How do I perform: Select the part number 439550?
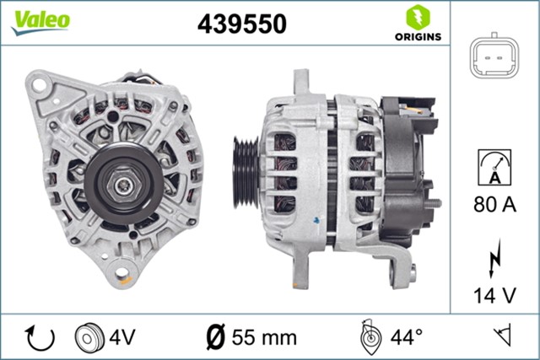click(x=242, y=24)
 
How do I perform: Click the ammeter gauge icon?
click(x=494, y=166)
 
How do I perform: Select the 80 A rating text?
click(x=494, y=203)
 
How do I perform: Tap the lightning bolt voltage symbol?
click(x=494, y=260)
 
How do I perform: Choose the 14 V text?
click(x=494, y=295)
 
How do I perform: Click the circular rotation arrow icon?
click(x=40, y=338)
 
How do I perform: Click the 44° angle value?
click(x=407, y=338)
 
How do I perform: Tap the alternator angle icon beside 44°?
click(x=368, y=338)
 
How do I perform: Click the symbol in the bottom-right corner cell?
click(x=505, y=338)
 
